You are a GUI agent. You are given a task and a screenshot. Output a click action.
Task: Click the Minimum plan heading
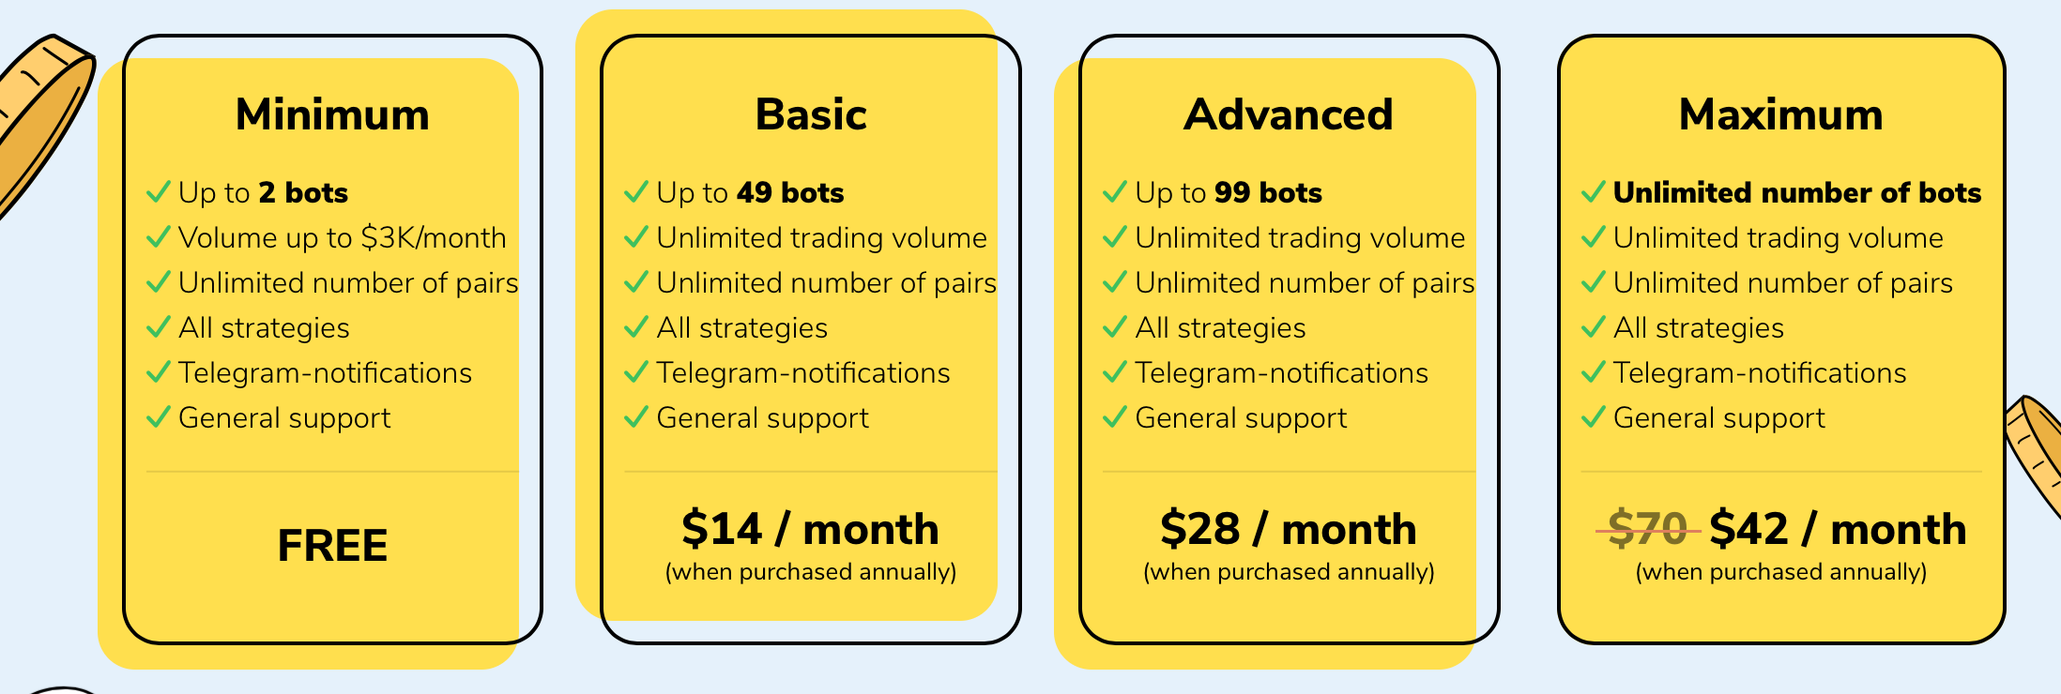point(332,114)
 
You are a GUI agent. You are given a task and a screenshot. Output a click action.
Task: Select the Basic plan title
point(811,114)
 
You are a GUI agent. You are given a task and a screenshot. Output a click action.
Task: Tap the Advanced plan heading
point(1289,114)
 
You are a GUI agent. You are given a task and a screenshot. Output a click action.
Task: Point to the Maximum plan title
point(1781,114)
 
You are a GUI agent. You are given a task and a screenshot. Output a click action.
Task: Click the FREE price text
point(332,546)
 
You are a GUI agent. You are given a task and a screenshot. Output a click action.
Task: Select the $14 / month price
point(810,529)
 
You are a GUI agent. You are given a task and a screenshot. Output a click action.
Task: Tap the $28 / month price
point(1289,529)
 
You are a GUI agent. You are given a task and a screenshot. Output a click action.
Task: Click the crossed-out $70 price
point(1648,529)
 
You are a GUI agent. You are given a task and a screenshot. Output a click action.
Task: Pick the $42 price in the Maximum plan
point(1748,529)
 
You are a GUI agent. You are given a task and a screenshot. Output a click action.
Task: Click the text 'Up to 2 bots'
point(263,192)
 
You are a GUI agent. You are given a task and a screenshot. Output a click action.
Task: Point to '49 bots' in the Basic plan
point(790,192)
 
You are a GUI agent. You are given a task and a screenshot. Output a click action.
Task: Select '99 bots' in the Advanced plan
point(1268,192)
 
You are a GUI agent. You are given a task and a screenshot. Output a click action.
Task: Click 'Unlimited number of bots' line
point(1797,192)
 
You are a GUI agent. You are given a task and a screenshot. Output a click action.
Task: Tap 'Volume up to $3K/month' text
point(343,237)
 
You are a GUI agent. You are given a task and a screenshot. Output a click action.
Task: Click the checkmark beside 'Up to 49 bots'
point(636,192)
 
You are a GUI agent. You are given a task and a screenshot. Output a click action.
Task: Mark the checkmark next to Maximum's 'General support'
point(1594,417)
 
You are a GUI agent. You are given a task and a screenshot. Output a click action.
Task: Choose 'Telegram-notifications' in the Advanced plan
point(1282,372)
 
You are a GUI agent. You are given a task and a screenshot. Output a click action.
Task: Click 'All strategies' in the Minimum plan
point(264,327)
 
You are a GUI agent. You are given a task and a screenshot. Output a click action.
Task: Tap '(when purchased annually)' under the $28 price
point(1289,572)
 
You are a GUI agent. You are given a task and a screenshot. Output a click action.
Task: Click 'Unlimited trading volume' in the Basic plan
point(822,237)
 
